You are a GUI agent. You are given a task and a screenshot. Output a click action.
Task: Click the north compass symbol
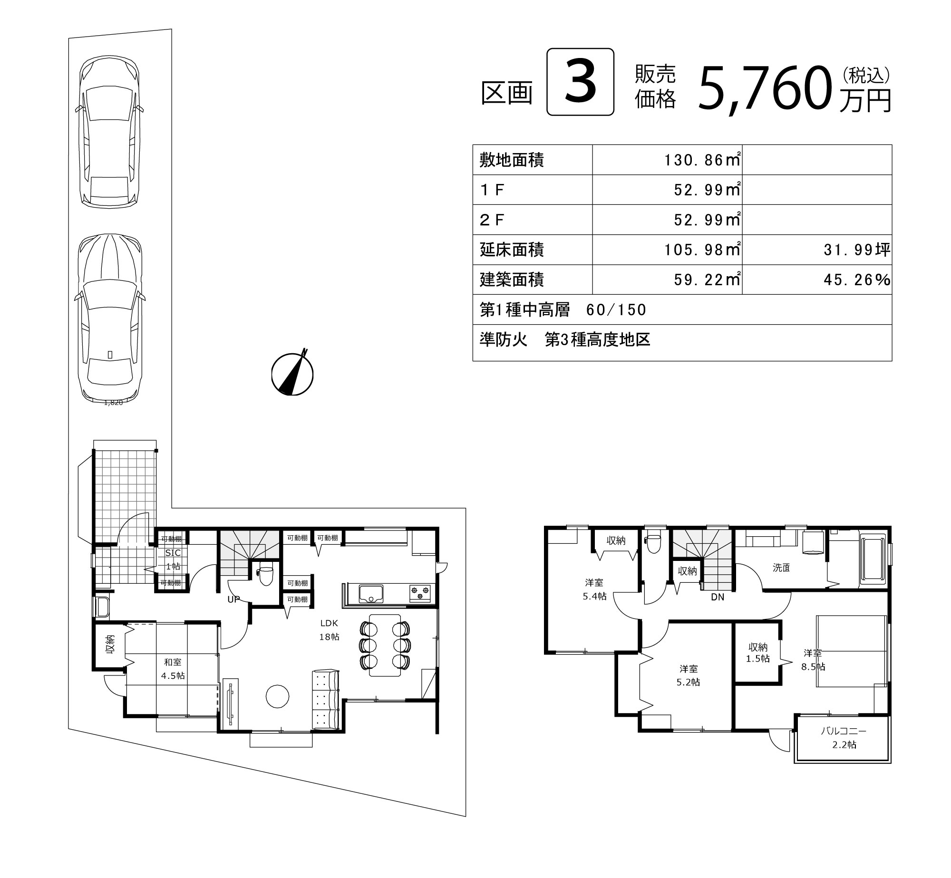(292, 373)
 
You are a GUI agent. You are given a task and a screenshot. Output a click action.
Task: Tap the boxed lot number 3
(580, 82)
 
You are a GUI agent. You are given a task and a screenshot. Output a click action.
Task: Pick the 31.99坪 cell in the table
(856, 250)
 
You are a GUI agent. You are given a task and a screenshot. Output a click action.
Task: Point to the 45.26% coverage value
(856, 280)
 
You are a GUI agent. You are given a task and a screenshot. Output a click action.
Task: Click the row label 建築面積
(512, 280)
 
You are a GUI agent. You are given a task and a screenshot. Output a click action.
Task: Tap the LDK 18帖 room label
(329, 629)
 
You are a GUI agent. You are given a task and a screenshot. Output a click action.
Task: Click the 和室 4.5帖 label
(173, 668)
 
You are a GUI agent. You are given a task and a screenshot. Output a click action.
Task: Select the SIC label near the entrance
(173, 553)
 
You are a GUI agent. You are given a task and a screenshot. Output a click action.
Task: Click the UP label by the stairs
(233, 599)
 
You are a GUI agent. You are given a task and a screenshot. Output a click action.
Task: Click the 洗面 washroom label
(781, 567)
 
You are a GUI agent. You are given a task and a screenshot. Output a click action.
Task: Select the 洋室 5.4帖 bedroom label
(594, 589)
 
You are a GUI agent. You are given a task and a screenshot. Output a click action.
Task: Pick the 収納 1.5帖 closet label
(758, 652)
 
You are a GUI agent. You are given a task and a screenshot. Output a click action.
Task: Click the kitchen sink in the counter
(371, 594)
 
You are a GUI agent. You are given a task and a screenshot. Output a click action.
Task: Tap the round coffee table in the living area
(277, 696)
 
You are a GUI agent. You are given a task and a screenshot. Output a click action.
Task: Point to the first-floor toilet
(266, 575)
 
